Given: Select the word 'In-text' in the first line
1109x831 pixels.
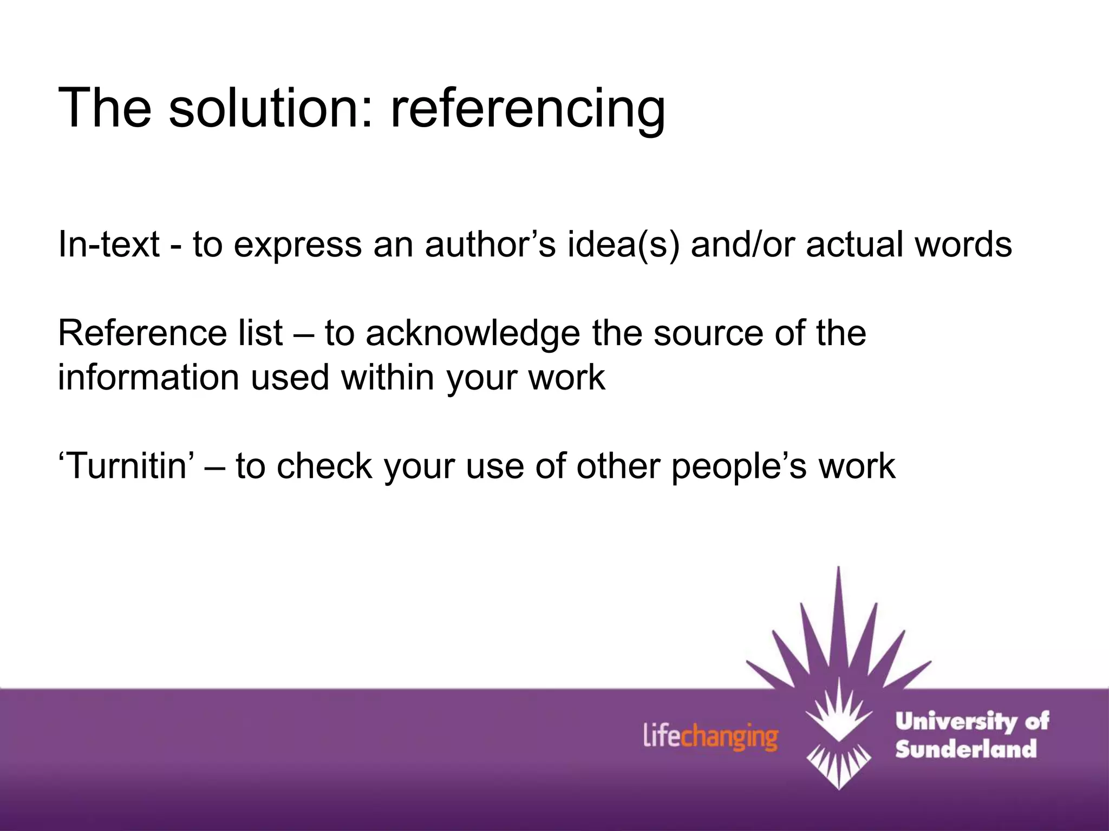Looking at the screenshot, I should pyautogui.click(x=108, y=245).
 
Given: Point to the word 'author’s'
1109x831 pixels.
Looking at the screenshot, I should pyautogui.click(x=490, y=245).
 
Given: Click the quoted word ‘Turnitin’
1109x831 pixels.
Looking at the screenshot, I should pyautogui.click(x=126, y=466).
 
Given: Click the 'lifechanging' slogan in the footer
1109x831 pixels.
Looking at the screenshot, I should pyautogui.click(x=710, y=737).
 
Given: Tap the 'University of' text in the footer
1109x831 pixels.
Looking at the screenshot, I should pyautogui.click(x=971, y=722).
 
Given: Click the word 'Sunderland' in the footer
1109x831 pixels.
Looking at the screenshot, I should pyautogui.click(x=966, y=749).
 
